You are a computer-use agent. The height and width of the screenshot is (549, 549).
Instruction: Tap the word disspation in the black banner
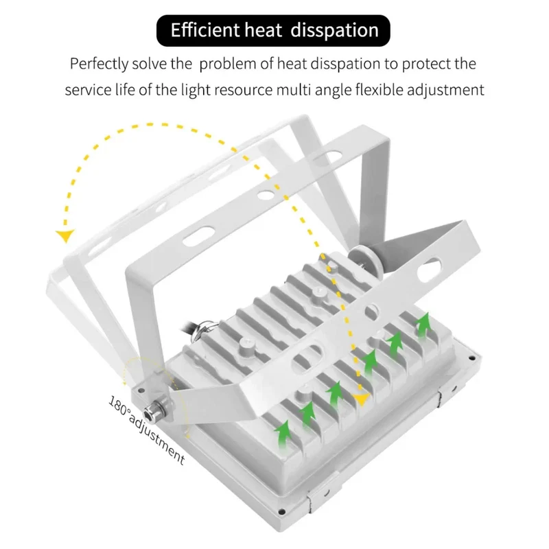click(334, 30)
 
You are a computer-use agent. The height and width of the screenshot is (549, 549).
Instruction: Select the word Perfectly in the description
click(99, 65)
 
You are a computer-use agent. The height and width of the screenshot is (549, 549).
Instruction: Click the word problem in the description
click(227, 65)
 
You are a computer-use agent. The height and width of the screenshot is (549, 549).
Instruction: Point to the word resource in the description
click(243, 91)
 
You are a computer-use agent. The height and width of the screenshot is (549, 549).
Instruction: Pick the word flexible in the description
click(379, 90)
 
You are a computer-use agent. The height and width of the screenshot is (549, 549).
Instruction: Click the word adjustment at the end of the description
click(445, 91)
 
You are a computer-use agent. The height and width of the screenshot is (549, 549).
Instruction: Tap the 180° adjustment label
click(146, 430)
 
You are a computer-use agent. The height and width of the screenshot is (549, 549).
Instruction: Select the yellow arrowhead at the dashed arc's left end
click(65, 236)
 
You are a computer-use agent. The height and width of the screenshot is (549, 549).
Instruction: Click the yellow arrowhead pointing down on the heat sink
click(361, 399)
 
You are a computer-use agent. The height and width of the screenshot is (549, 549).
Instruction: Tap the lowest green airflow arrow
click(283, 434)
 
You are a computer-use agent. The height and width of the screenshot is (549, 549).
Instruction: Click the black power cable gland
click(204, 328)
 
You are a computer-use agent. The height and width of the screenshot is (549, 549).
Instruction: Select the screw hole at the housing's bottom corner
click(281, 513)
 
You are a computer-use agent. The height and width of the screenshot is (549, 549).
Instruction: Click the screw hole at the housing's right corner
click(471, 358)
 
